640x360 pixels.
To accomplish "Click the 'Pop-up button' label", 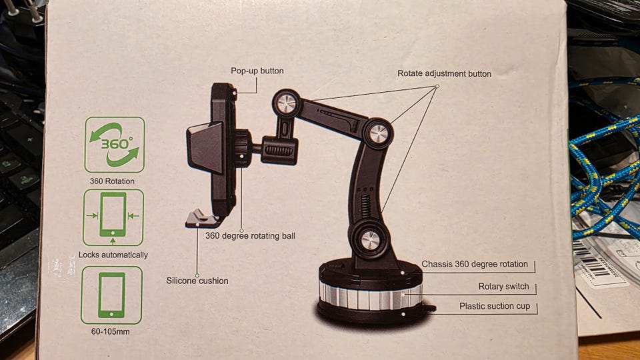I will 257,71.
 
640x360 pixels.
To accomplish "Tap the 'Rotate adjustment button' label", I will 444,73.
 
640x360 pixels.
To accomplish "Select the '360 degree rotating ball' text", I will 250,235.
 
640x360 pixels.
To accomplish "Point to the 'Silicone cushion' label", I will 197,281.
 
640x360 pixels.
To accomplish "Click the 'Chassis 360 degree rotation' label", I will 474,264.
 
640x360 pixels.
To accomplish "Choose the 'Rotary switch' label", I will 503,287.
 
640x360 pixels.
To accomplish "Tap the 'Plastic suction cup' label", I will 495,307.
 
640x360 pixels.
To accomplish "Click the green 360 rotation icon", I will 114,145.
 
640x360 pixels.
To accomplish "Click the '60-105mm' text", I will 112,331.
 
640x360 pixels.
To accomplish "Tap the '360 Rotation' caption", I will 112,181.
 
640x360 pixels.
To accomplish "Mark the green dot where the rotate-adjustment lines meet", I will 437,86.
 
